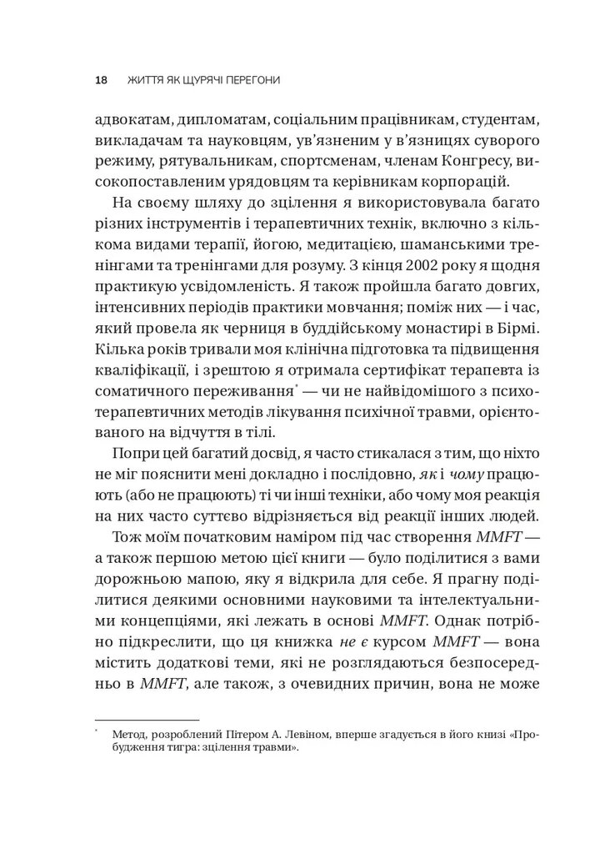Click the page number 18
pyautogui.click(x=101, y=80)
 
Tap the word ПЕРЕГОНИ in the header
pyautogui.click(x=247, y=80)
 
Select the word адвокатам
pyautogui.click(x=130, y=116)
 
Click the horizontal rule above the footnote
pyautogui.click(x=147, y=718)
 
